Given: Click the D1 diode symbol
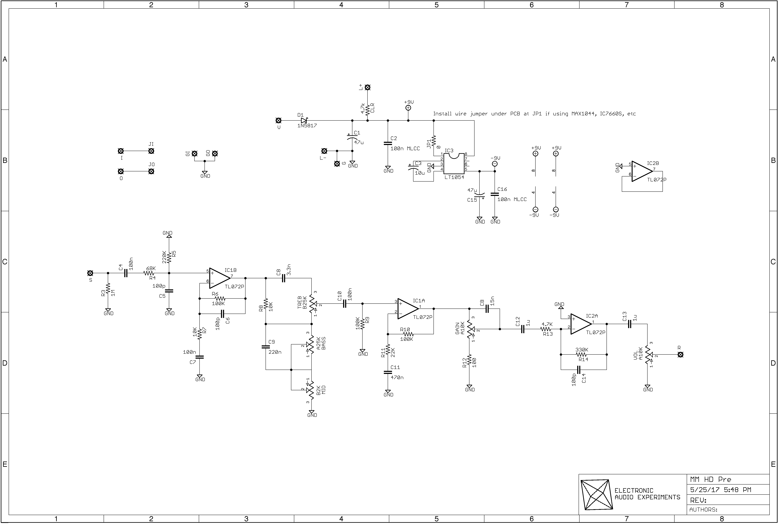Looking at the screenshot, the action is click(304, 120).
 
